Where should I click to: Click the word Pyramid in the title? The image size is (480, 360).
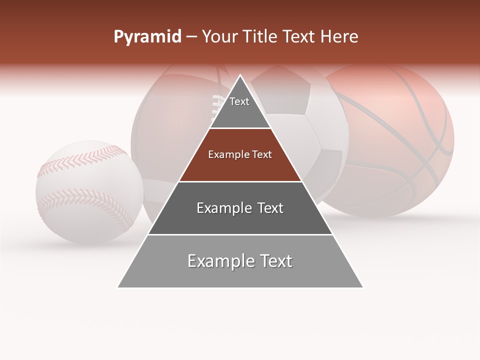point(147,37)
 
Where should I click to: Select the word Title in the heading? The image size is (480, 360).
point(260,37)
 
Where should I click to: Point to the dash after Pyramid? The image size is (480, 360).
point(190,37)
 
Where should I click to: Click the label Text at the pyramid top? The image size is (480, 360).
point(239,101)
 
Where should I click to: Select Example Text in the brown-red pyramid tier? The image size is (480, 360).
point(240,154)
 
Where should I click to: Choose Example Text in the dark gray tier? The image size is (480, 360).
point(240,208)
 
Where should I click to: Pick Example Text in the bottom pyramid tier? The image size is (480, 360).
point(240,261)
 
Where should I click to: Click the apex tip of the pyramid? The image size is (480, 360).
point(240,76)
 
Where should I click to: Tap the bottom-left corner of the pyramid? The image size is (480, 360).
point(118,287)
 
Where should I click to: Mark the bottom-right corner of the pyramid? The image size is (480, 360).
point(362,287)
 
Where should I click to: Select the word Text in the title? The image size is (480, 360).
point(300,37)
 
